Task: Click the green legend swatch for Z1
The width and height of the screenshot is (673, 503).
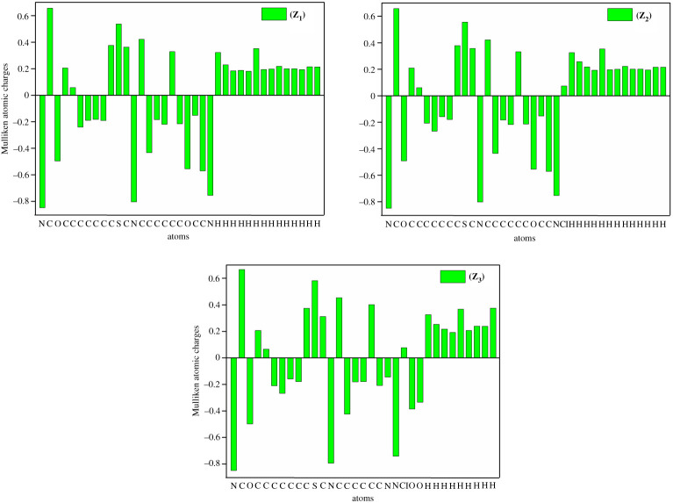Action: pyautogui.click(x=274, y=14)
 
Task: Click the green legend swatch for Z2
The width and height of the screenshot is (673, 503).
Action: pyautogui.click(x=619, y=14)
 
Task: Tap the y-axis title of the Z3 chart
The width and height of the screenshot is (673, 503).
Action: pyautogui.click(x=198, y=369)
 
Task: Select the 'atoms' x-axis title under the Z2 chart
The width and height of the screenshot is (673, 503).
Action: pyautogui.click(x=525, y=238)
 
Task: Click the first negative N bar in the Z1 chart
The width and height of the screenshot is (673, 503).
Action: pyautogui.click(x=42, y=151)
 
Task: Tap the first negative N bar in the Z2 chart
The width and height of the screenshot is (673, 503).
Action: pyautogui.click(x=388, y=152)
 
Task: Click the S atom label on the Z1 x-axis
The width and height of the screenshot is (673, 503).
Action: pyautogui.click(x=118, y=223)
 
